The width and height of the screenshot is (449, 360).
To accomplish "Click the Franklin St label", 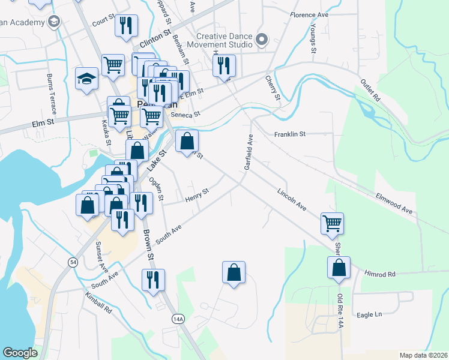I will (x=291, y=134).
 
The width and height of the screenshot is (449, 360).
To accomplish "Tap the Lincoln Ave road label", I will (x=292, y=200).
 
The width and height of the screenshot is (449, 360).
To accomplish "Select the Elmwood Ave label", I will (x=394, y=203).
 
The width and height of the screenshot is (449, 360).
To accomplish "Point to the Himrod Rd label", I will (x=380, y=274).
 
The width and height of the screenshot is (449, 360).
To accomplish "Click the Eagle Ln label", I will (x=369, y=314).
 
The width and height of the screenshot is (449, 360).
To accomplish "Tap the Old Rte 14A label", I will (x=341, y=314).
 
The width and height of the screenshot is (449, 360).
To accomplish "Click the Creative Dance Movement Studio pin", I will (x=261, y=40).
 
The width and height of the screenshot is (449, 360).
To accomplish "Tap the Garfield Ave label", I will (x=249, y=152).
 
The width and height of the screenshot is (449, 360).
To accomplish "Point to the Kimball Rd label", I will (x=98, y=304).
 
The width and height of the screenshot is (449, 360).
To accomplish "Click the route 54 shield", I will (x=73, y=262).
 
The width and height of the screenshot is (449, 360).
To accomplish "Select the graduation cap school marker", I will (x=86, y=79).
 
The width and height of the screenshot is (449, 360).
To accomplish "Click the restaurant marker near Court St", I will (x=126, y=25).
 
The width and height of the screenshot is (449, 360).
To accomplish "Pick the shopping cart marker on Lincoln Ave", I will (x=332, y=223).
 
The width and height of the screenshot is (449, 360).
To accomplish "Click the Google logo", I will (x=20, y=353).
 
